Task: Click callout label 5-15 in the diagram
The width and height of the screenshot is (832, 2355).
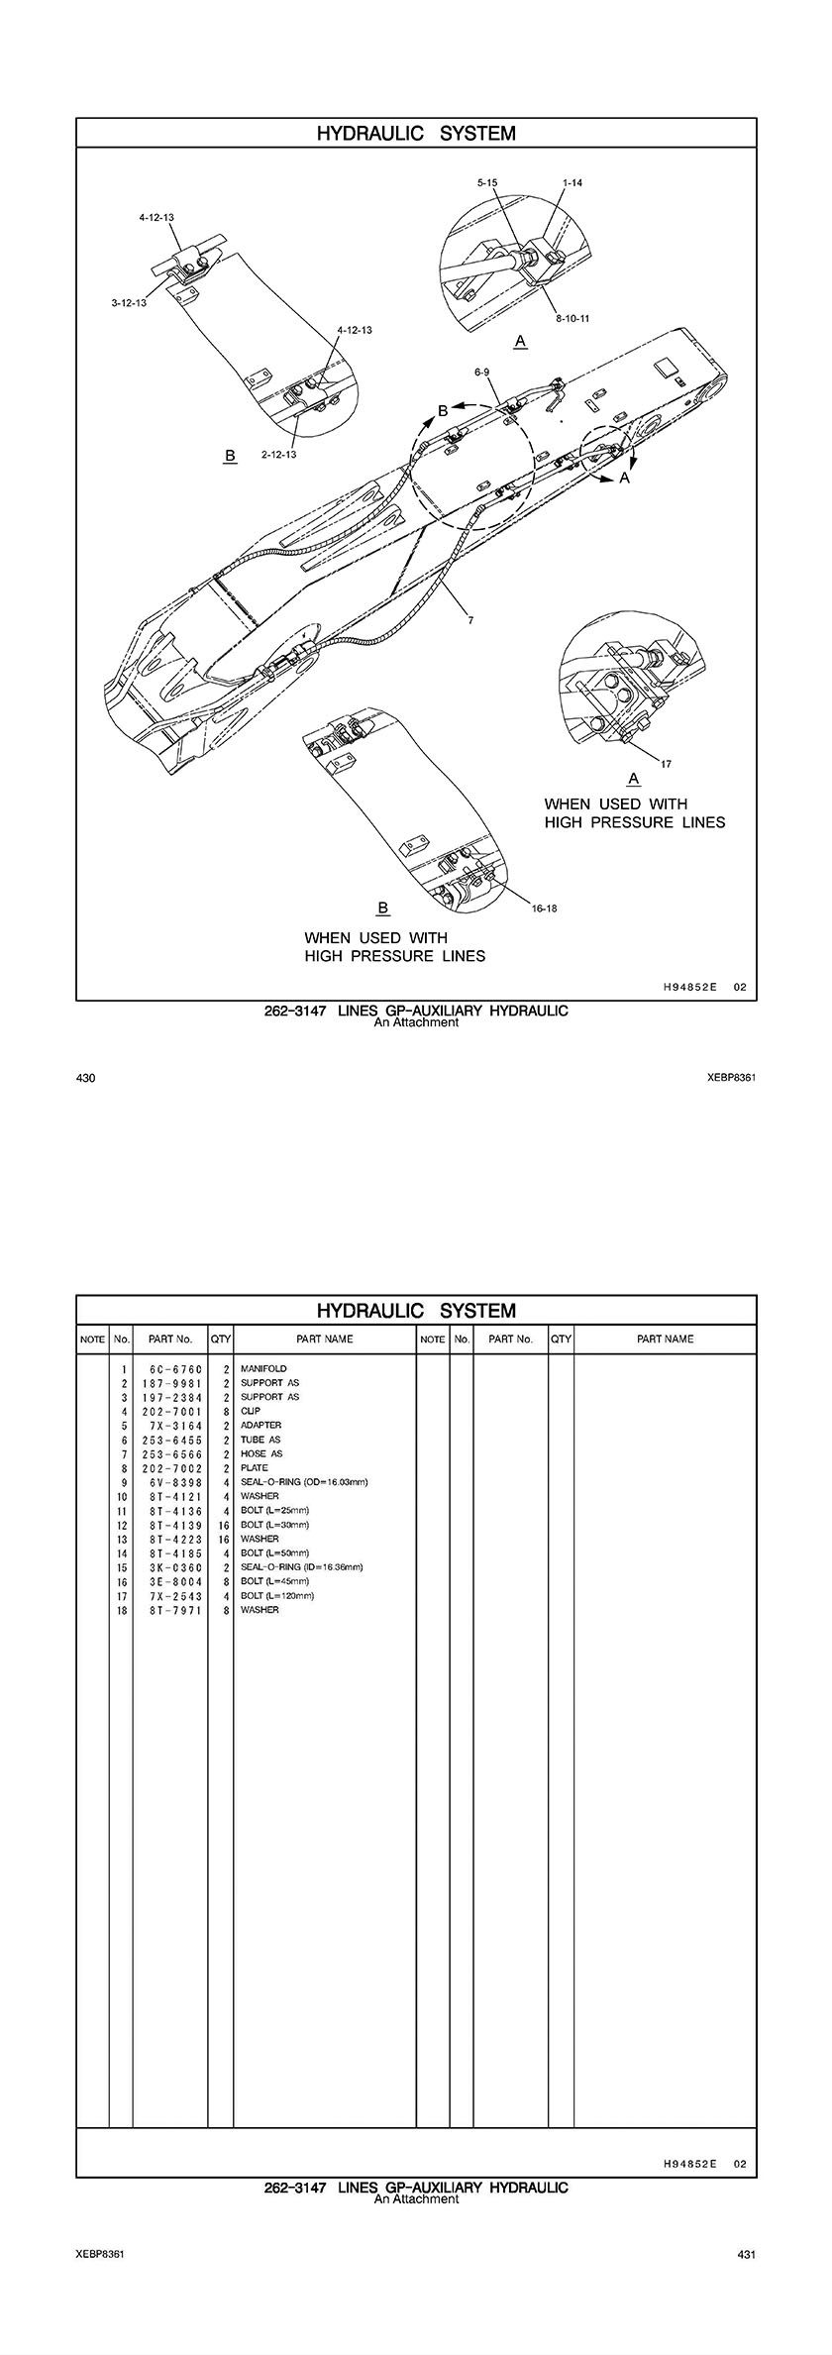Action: pyautogui.click(x=486, y=183)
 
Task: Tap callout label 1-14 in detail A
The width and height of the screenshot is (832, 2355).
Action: pyautogui.click(x=572, y=183)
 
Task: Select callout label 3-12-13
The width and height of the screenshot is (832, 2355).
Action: pyautogui.click(x=129, y=302)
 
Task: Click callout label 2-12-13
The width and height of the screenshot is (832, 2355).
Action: pyautogui.click(x=279, y=454)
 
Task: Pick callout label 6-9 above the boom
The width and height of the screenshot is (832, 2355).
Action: pyautogui.click(x=482, y=372)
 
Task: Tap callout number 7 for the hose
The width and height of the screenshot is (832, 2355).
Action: pyautogui.click(x=470, y=620)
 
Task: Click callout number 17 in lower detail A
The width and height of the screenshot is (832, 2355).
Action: pyautogui.click(x=667, y=763)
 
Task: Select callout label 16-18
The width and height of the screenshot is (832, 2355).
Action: pyautogui.click(x=545, y=908)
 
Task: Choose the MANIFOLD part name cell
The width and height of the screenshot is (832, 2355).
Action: pyautogui.click(x=263, y=1369)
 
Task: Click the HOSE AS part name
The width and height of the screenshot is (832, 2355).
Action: pyautogui.click(x=261, y=1454)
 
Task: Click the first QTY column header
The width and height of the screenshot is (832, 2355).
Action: pyautogui.click(x=220, y=1338)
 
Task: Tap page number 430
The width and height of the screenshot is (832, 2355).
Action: pyautogui.click(x=85, y=1078)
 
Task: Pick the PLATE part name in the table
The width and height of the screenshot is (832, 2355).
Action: pyautogui.click(x=255, y=1468)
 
